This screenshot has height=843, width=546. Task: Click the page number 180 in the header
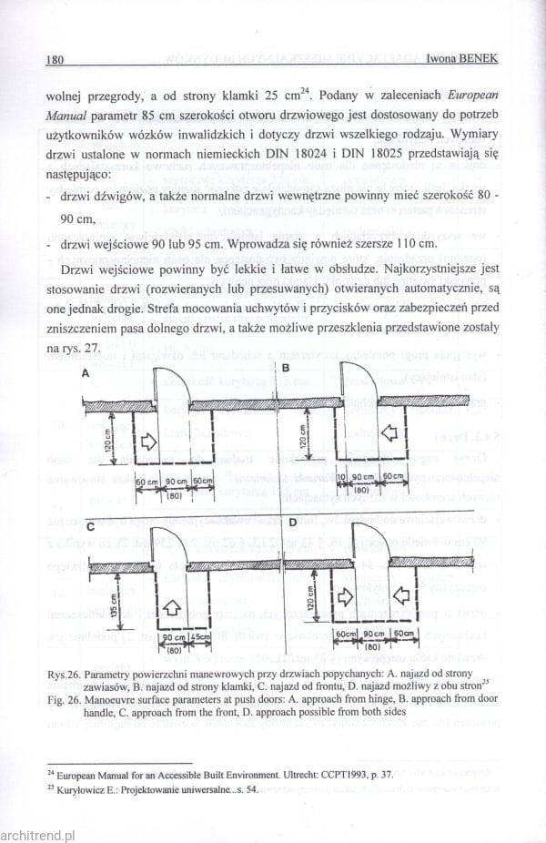point(53,60)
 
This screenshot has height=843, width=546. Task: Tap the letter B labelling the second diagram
point(285,369)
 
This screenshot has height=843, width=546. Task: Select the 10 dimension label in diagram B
point(340,478)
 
